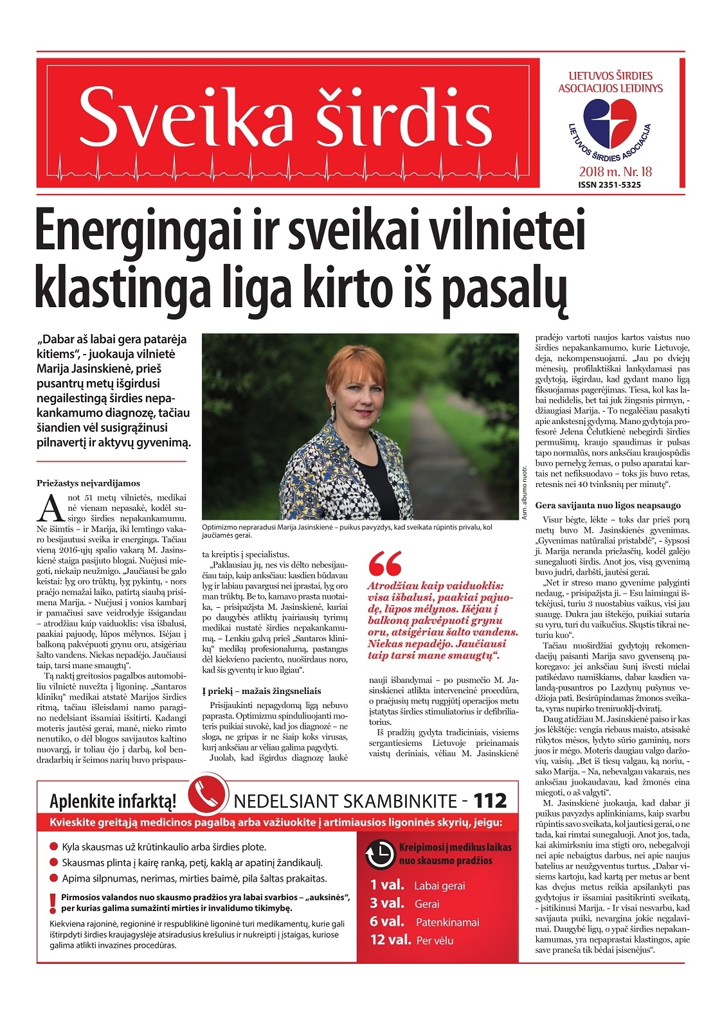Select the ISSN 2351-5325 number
609,184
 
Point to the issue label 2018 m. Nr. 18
615,172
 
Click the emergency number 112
490,801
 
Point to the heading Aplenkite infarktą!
113,802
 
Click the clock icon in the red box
379,854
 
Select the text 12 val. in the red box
390,939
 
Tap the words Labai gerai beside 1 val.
439,885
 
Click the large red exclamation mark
52,904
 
